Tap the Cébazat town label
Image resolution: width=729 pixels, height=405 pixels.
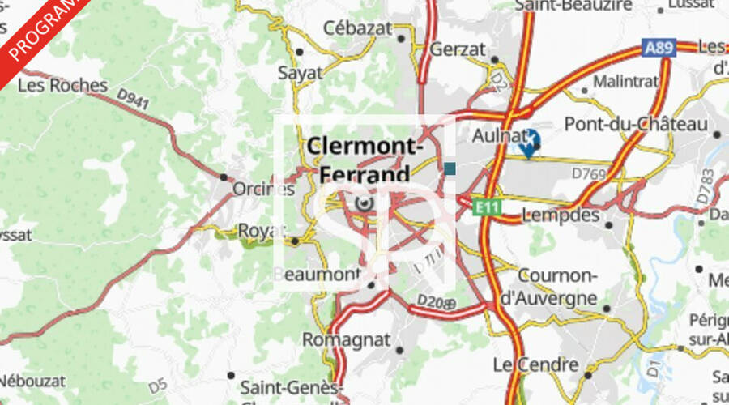pyautogui.click(x=357, y=28)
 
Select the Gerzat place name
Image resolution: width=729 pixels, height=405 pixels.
pyautogui.click(x=457, y=49)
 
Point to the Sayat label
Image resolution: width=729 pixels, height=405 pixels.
pyautogui.click(x=300, y=73)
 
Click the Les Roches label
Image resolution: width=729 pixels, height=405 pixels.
pyautogui.click(x=62, y=85)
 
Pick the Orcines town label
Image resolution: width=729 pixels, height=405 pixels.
pyautogui.click(x=262, y=189)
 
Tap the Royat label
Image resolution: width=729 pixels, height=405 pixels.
pyautogui.click(x=262, y=231)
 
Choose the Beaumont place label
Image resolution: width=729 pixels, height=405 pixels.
pyautogui.click(x=316, y=275)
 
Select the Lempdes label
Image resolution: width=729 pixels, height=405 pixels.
pyautogui.click(x=561, y=215)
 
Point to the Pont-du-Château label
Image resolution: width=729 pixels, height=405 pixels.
pyautogui.click(x=636, y=124)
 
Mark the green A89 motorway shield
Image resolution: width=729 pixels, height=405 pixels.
pyautogui.click(x=659, y=49)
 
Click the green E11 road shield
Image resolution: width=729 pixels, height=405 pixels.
pyautogui.click(x=488, y=208)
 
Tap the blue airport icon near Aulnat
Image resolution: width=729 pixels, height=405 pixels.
pyautogui.click(x=528, y=142)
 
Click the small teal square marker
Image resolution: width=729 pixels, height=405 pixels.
pyautogui.click(x=450, y=168)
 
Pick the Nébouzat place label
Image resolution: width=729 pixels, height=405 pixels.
pyautogui.click(x=28, y=379)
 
